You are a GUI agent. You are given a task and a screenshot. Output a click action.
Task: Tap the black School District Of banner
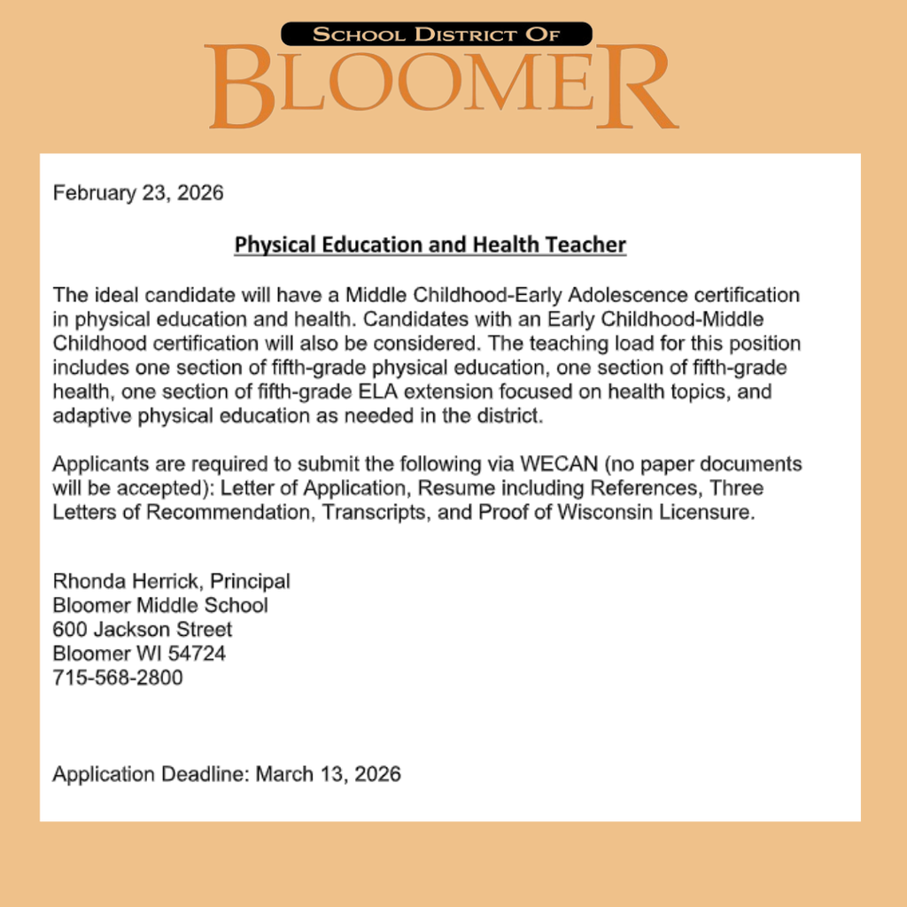click(437, 35)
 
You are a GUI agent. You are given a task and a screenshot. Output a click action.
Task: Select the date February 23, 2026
click(138, 193)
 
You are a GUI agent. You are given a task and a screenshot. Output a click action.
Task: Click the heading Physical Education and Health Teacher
click(430, 244)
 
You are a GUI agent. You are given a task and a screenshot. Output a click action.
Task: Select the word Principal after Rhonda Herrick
click(250, 582)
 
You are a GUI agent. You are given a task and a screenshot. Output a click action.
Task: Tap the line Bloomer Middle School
click(160, 606)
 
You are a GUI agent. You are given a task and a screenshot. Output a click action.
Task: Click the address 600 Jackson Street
click(143, 630)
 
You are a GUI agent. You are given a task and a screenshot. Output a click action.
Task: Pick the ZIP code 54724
click(198, 655)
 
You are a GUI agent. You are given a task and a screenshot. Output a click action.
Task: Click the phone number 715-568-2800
click(118, 678)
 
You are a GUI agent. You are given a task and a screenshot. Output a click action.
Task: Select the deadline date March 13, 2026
click(328, 774)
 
